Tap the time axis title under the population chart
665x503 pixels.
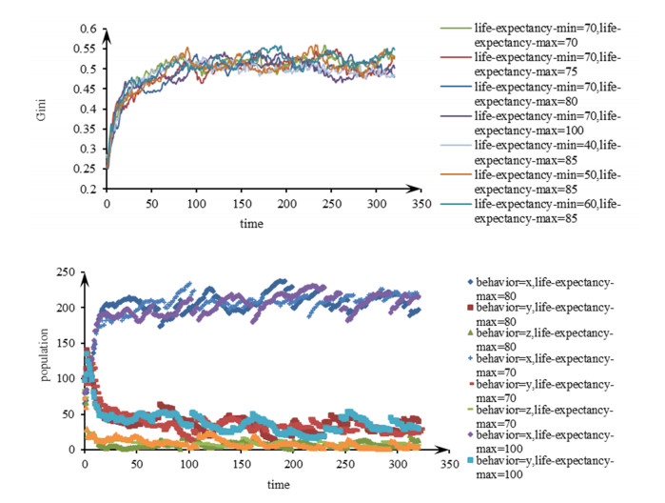point(278,484)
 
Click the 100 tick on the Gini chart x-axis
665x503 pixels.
point(196,204)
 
